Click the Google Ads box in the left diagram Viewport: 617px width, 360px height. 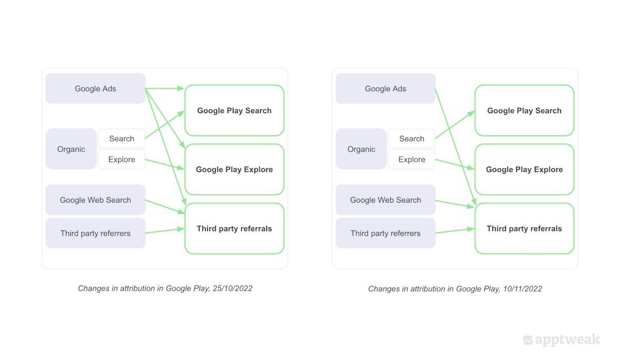[x=95, y=88]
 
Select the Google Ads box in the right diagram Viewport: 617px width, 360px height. [x=385, y=88]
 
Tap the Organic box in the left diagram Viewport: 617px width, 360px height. [x=71, y=149]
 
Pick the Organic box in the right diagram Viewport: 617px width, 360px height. [x=361, y=149]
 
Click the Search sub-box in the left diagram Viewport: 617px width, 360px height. [x=121, y=138]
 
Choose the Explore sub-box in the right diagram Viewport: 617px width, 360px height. [x=411, y=159]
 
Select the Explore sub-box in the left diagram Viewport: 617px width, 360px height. [x=121, y=159]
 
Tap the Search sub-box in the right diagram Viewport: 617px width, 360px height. [x=411, y=138]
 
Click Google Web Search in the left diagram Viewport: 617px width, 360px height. [x=95, y=200]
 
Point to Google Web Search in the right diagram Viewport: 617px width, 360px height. [x=385, y=200]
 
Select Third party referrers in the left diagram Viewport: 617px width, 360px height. [x=95, y=233]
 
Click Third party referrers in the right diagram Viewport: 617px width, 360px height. [x=385, y=233]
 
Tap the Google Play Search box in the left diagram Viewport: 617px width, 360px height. [x=234, y=111]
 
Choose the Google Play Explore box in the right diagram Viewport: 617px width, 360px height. [x=524, y=169]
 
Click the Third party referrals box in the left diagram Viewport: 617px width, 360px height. [x=234, y=228]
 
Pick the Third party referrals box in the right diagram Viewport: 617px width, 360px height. [x=524, y=228]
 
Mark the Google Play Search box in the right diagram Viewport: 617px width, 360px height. [x=524, y=111]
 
